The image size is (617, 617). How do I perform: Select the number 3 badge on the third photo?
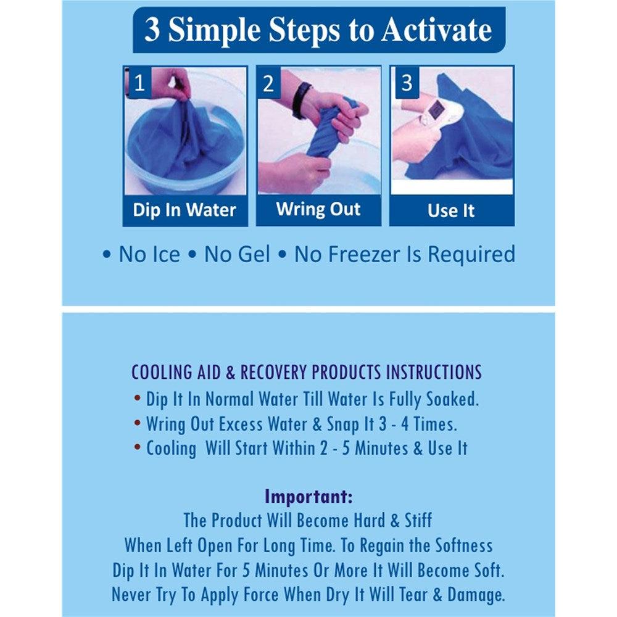(406, 83)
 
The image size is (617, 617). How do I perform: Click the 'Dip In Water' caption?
(184, 210)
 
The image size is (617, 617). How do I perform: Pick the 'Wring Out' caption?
(318, 209)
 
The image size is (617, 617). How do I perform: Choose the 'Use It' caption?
(451, 210)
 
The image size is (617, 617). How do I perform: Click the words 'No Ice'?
(149, 254)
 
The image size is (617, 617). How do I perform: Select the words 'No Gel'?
(238, 254)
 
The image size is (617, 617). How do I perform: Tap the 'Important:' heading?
(308, 496)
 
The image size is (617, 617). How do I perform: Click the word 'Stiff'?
(418, 521)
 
